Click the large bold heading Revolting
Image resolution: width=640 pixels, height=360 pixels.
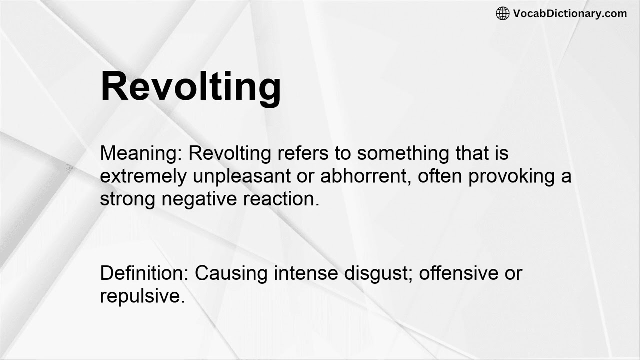[190, 86]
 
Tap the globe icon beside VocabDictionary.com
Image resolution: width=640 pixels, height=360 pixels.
[502, 13]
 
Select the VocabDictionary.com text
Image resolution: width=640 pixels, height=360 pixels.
[570, 13]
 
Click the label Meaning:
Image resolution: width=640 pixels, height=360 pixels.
[141, 153]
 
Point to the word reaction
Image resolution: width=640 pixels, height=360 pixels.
[281, 199]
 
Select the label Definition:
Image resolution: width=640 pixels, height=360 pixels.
[144, 273]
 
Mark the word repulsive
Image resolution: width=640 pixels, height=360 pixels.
[142, 296]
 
